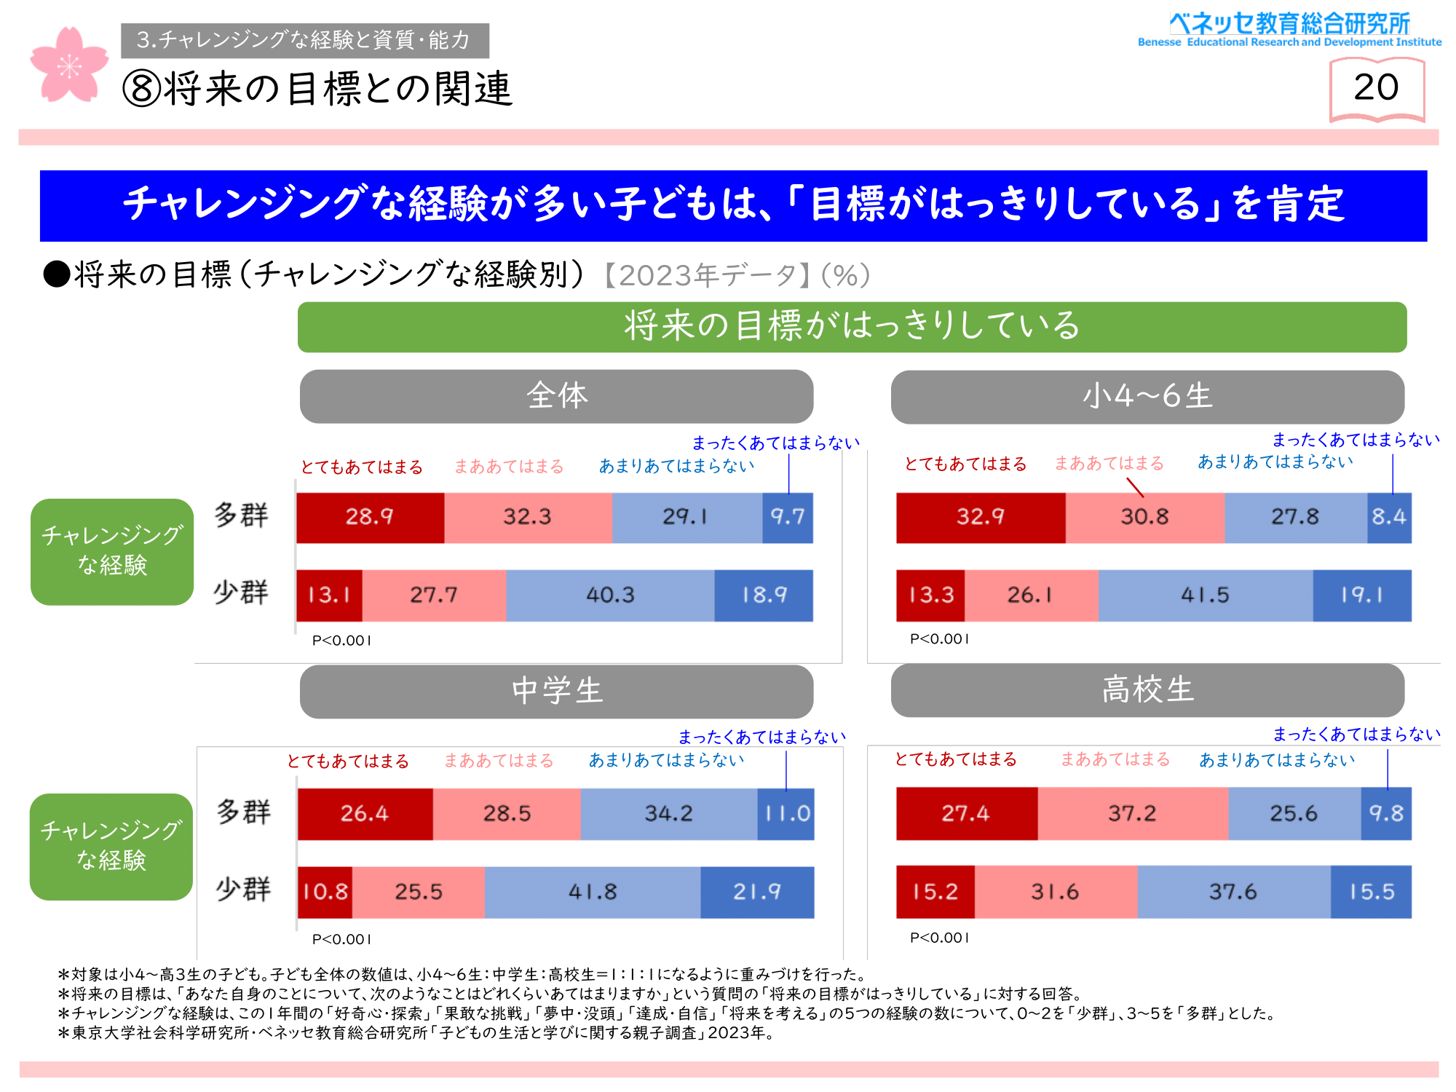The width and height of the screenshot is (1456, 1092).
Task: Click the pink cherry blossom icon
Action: point(68,66)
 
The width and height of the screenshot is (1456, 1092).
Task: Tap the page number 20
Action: point(1376,88)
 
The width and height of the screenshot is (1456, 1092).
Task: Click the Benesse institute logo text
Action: point(1289,30)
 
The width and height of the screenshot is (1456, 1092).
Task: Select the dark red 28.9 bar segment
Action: point(370,518)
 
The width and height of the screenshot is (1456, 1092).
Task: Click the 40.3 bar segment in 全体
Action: point(610,596)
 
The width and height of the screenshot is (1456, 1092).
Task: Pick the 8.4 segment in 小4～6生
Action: point(1389,518)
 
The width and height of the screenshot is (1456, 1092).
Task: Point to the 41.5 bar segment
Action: point(1205,596)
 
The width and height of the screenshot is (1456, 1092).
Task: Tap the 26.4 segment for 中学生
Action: point(365,814)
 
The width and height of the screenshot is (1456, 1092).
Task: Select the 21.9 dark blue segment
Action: point(757,892)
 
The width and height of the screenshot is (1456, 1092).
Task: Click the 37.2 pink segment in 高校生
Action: point(1133,813)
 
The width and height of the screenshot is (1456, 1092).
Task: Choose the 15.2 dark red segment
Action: point(935,892)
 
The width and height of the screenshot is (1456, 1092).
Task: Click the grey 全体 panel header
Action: point(556,397)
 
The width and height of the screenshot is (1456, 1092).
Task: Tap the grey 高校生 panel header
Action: point(1147,690)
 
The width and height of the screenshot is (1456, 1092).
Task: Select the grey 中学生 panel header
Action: point(556,692)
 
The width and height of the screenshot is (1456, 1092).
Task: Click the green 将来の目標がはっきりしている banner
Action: point(852,327)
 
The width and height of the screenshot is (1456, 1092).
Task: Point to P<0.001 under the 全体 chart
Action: point(342,641)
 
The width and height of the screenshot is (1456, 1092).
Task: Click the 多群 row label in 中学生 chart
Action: point(243,812)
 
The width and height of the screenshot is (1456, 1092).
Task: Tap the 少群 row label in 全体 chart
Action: point(241,593)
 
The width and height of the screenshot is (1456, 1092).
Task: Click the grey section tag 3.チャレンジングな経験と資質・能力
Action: point(305,41)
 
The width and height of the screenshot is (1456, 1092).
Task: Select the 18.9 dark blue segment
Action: point(764,596)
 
